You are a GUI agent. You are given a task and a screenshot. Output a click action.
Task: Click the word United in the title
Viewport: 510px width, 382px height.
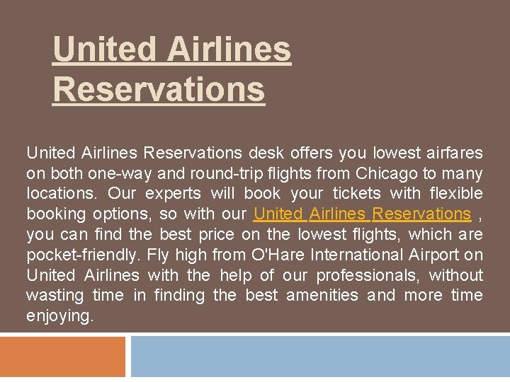coord(104,50)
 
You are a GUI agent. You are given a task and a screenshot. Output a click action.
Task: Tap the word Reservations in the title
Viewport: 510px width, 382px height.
coord(159,90)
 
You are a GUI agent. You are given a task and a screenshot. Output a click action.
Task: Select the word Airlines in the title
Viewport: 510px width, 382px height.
coord(230,50)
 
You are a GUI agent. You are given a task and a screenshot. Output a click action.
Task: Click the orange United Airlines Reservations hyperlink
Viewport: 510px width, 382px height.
coord(362,214)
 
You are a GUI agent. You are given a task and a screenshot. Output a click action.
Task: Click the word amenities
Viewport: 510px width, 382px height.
coord(322,295)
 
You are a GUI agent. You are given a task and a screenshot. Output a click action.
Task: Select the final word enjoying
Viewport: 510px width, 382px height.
coord(59,316)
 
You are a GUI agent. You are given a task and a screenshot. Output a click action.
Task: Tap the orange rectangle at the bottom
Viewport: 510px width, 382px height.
coord(62,357)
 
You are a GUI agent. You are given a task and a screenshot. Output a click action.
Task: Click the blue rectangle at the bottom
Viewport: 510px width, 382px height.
coord(319,357)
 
